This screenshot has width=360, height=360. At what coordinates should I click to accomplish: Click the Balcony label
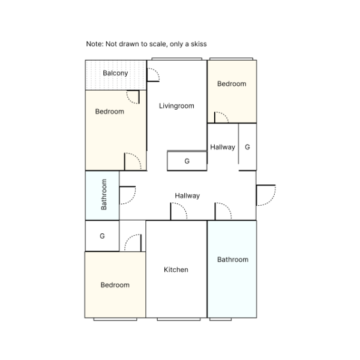point(115,73)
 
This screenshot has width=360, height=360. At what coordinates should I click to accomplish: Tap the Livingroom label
point(176,106)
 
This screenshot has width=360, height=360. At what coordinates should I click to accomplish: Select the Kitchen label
point(176,269)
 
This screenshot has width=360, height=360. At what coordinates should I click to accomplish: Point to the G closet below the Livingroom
point(187,161)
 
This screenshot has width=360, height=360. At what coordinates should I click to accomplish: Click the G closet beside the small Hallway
point(247,147)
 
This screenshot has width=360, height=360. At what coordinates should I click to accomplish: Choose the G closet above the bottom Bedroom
point(102,236)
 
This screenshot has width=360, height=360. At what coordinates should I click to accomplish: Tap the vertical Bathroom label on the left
point(104,194)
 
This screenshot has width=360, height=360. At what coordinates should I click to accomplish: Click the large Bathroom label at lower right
point(233,259)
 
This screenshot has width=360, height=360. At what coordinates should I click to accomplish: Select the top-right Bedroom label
point(232,84)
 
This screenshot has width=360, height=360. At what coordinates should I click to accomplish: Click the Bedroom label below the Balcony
point(110,112)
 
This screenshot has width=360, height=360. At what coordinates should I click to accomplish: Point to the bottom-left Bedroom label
point(115,285)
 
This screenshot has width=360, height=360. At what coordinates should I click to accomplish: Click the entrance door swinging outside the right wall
point(266,195)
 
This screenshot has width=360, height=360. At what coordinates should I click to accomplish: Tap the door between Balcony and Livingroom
point(153,74)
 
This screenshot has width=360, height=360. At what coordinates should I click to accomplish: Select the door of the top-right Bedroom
point(221,118)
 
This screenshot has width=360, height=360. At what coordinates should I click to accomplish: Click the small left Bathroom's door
point(128,195)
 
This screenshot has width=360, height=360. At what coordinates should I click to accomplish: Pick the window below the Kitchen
point(179,319)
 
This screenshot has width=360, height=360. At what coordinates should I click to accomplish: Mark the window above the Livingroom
point(177,59)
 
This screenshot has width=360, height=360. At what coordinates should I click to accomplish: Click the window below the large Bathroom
point(220,319)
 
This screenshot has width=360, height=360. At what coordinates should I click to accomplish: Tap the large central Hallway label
point(187,196)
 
